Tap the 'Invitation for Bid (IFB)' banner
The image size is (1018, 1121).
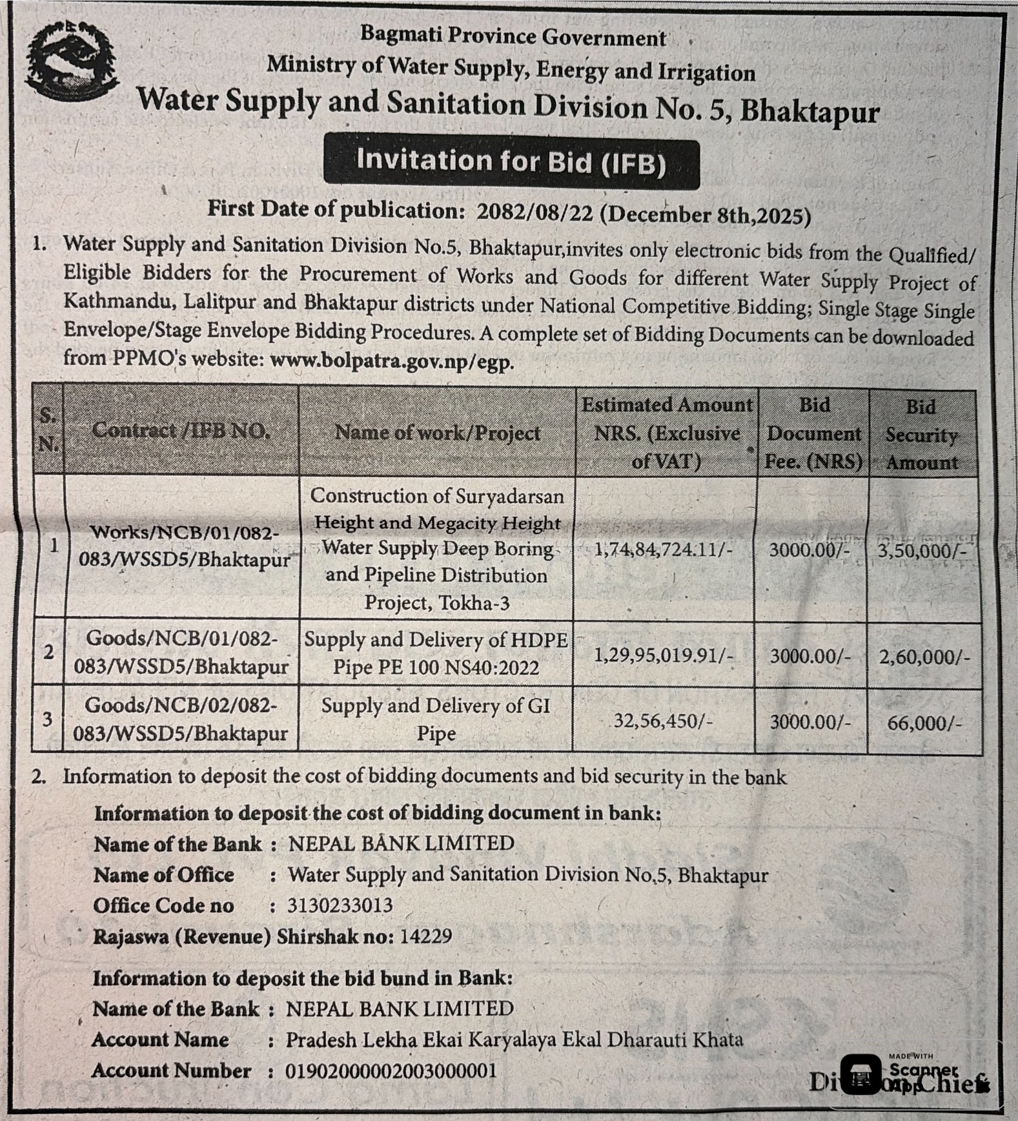[511, 161]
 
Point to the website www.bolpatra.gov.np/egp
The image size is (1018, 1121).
[392, 360]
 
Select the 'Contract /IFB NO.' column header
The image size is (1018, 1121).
[181, 431]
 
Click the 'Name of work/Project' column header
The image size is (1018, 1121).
[437, 433]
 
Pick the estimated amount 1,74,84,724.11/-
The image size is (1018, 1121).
[664, 550]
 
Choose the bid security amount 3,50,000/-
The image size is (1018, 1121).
[922, 551]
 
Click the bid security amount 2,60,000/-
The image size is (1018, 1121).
[924, 657]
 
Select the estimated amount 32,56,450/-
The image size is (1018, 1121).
[663, 720]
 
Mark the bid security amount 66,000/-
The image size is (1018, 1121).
[924, 723]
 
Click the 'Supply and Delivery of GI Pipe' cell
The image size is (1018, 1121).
[436, 719]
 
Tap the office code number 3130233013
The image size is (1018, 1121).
[340, 905]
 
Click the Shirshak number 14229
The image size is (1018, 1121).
[425, 936]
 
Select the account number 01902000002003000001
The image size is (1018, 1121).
[391, 1071]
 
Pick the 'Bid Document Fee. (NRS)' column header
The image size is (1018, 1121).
[813, 433]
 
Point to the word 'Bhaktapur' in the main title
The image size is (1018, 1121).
[809, 110]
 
